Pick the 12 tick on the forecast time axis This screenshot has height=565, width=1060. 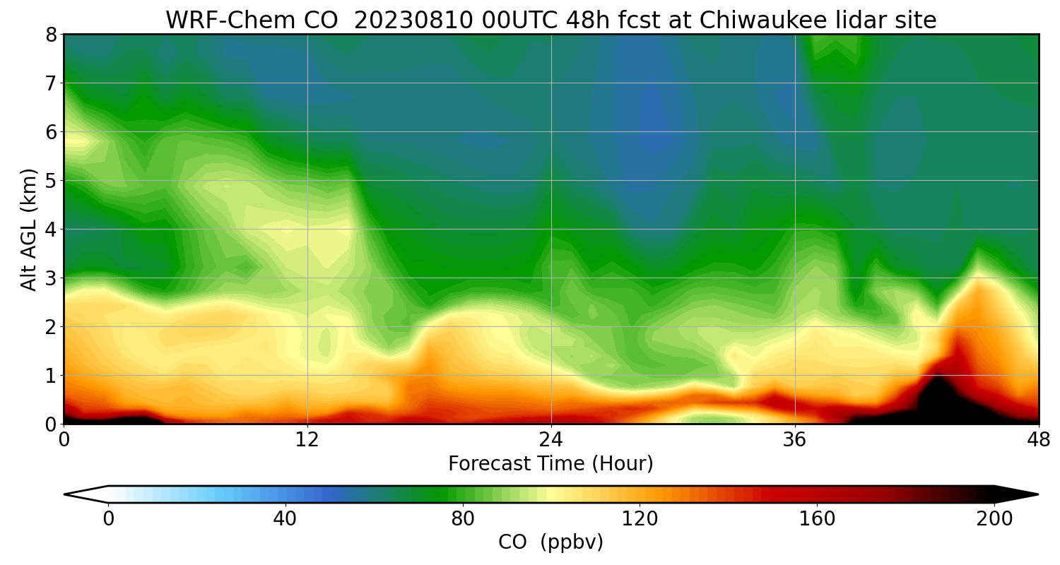point(307,439)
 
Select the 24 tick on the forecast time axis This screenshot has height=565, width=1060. point(551,439)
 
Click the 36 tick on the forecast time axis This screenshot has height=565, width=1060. point(795,439)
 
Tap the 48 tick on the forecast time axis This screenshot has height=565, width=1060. point(1038,439)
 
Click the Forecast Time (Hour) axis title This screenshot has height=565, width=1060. point(550,464)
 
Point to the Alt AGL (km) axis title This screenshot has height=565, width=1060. point(29,229)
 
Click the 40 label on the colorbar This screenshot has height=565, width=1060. point(285,519)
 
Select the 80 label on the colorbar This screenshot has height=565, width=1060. point(463,519)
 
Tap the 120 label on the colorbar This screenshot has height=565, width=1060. point(640,519)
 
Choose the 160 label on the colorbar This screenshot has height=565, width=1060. point(818,519)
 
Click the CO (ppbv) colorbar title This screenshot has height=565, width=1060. point(550,542)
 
